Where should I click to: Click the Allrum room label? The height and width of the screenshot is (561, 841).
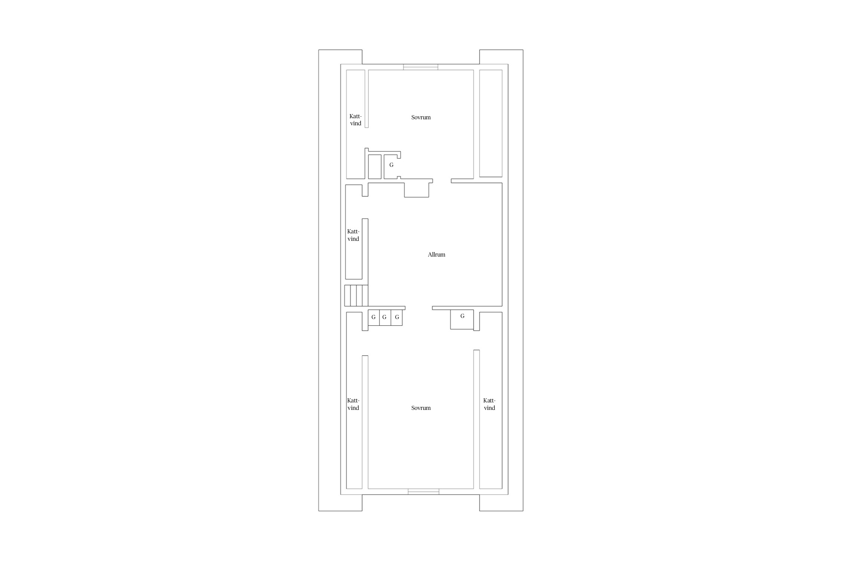(x=436, y=255)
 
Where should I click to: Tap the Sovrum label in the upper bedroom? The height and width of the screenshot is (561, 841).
(x=421, y=117)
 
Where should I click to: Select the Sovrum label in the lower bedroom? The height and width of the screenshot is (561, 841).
(x=421, y=408)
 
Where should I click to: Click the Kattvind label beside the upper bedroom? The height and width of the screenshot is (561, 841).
(x=355, y=120)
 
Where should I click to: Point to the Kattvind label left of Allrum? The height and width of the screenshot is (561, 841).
(x=353, y=235)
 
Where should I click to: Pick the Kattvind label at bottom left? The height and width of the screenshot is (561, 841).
(x=353, y=404)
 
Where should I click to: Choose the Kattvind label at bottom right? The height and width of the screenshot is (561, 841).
(x=489, y=404)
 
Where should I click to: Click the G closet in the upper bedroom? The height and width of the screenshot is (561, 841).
(x=391, y=165)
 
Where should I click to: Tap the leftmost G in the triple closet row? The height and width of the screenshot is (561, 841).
(x=373, y=317)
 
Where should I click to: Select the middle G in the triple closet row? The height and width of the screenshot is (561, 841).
(x=384, y=317)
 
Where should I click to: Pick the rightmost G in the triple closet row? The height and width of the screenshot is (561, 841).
(x=397, y=317)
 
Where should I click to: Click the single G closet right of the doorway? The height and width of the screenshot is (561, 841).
(x=462, y=316)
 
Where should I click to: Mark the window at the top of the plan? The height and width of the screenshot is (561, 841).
(x=420, y=67)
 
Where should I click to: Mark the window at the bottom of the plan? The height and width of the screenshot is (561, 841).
(x=423, y=491)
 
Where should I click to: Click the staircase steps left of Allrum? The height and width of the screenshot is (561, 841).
(x=356, y=295)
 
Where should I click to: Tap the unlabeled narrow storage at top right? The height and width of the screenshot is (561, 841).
(x=491, y=123)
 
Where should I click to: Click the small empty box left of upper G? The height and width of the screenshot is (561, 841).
(x=375, y=167)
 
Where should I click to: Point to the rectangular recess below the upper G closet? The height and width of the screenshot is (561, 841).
(x=416, y=190)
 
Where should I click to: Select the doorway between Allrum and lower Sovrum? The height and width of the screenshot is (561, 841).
(x=419, y=308)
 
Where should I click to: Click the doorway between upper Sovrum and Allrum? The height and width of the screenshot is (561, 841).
(x=442, y=181)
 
